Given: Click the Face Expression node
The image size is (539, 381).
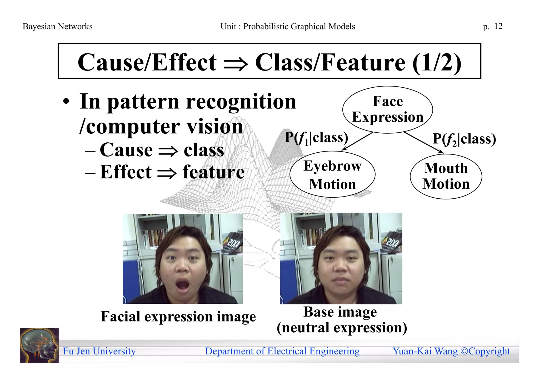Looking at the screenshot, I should [x=387, y=109].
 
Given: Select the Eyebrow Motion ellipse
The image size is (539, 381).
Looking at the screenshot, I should [x=332, y=174].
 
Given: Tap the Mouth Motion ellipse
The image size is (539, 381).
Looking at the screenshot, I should [x=446, y=176].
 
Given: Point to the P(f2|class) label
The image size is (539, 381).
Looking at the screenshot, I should [x=464, y=139].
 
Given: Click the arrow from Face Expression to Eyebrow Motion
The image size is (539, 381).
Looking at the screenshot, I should [x=357, y=141].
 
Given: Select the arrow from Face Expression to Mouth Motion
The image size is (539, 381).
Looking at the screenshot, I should [x=424, y=143].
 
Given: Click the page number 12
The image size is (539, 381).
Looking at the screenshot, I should [x=498, y=26].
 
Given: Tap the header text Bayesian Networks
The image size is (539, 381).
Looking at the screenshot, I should [x=58, y=27].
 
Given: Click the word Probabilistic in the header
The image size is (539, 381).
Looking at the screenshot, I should [x=266, y=27].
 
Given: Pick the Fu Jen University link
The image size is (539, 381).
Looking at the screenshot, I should [x=99, y=351].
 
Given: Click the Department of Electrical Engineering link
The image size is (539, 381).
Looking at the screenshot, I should [x=282, y=351].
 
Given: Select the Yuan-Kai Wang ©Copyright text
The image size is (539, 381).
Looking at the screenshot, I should [x=451, y=351].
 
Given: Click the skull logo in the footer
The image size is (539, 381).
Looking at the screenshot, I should [x=39, y=345].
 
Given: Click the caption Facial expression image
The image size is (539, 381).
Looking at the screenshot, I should [x=178, y=316].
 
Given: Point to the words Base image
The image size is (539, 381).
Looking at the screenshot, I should [x=340, y=312].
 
